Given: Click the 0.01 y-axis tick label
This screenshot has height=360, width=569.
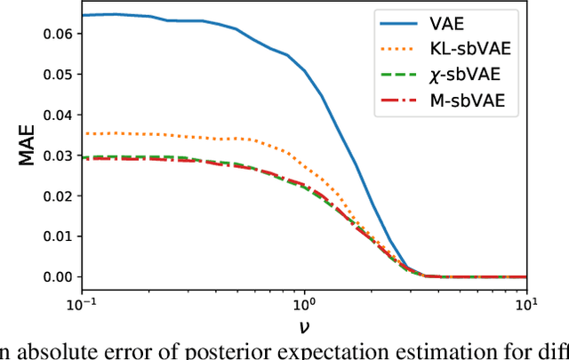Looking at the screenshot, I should tap(54, 236).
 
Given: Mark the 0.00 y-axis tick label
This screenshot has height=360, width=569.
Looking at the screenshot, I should tap(54, 276).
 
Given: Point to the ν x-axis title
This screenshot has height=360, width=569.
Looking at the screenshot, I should tap(304, 328).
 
